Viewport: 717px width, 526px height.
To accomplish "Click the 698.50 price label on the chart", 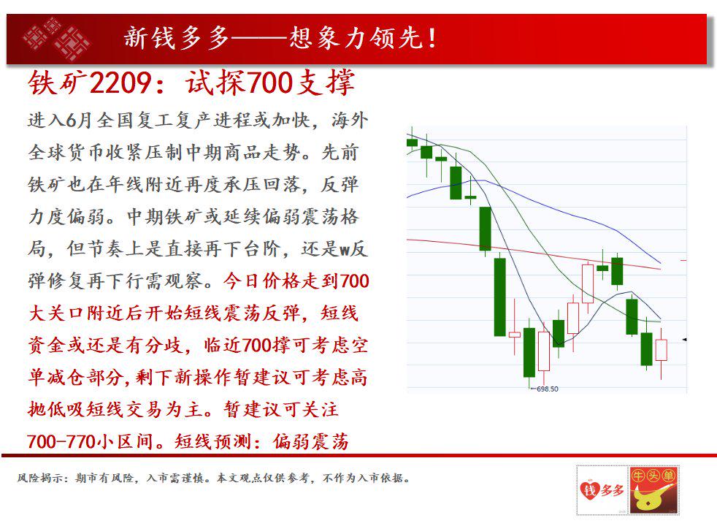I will pyautogui.click(x=547, y=389).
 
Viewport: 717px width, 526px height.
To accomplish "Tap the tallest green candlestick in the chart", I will pyautogui.click(x=499, y=296).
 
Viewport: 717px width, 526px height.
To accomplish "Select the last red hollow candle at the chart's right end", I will pyautogui.click(x=662, y=349).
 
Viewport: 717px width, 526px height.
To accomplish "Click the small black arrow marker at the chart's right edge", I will pyautogui.click(x=684, y=339).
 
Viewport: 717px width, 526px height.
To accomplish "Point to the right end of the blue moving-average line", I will pyautogui.click(x=659, y=262).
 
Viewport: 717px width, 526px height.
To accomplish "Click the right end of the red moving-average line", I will pyautogui.click(x=659, y=269).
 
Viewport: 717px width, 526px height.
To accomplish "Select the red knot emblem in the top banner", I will pyautogui.click(x=55, y=38).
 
